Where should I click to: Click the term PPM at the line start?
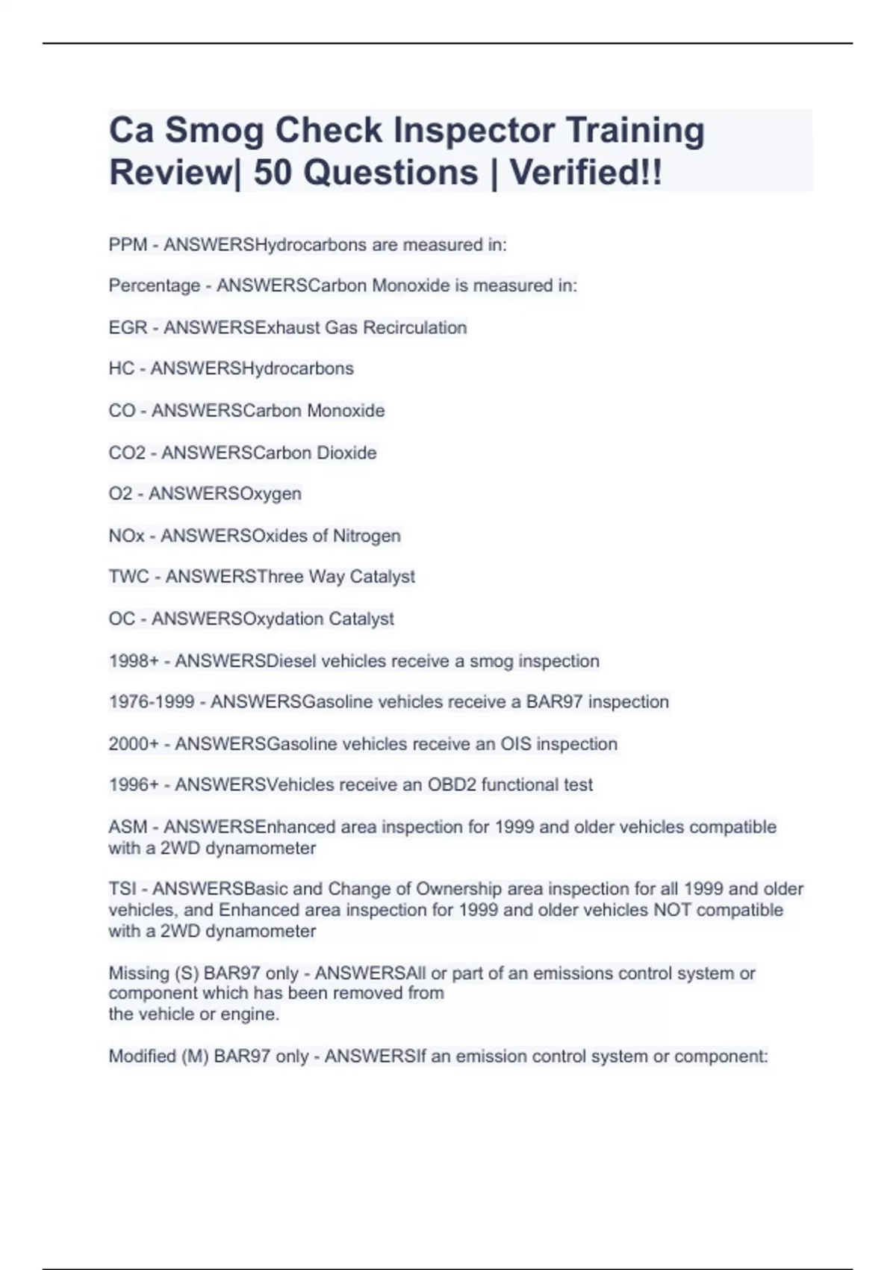(128, 245)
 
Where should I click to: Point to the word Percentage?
(154, 285)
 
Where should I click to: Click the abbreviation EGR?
(128, 327)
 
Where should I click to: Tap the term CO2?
(127, 453)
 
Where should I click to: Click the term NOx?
(126, 536)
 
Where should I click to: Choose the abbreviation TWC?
(128, 577)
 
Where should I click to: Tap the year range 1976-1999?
(152, 702)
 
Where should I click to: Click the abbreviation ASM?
(128, 827)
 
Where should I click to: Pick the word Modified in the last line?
(142, 1056)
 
